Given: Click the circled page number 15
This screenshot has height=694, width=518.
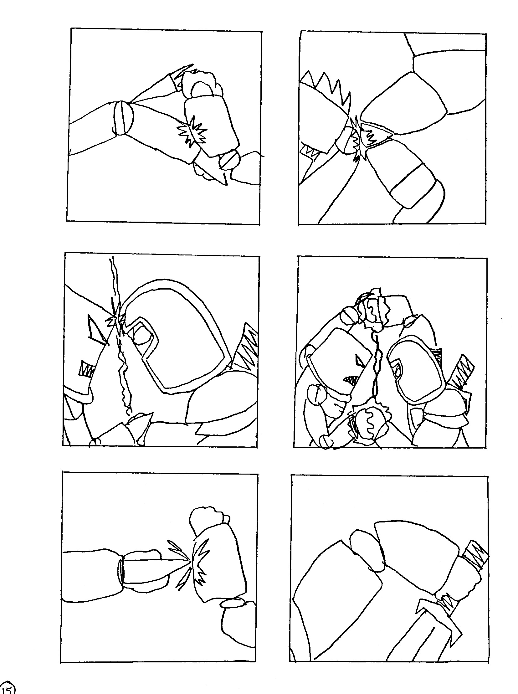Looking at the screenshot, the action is click(7, 689).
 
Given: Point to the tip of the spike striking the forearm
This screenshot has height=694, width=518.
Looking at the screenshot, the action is click(190, 559).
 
